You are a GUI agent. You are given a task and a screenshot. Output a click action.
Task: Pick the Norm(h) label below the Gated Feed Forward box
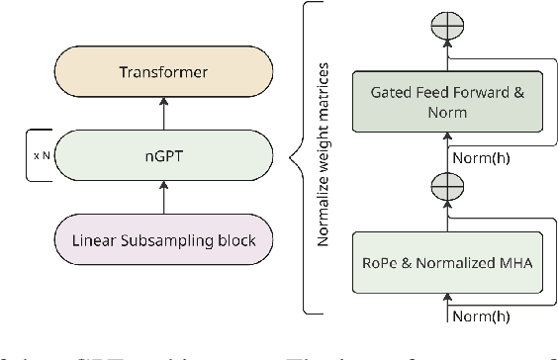pos(482,154)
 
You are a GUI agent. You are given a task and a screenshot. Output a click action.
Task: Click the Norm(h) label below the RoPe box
pos(482,316)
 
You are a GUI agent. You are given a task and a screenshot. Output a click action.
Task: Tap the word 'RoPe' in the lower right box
pos(382,261)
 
